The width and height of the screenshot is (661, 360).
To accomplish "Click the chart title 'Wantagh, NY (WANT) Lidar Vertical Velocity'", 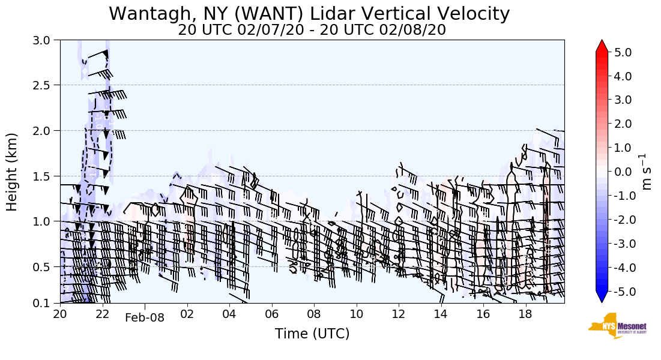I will [x=309, y=13].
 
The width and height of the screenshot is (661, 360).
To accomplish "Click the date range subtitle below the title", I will [x=312, y=29].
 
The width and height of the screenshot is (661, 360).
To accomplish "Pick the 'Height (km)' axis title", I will [x=13, y=172].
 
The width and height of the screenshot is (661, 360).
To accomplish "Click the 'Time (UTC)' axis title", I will [x=312, y=334].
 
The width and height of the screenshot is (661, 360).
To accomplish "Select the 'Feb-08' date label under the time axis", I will [x=144, y=318].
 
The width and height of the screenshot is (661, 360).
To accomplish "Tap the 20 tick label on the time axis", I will [x=60, y=314].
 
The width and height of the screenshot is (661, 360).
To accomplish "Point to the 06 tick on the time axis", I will [x=272, y=314].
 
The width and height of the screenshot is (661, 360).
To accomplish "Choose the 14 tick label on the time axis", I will [x=441, y=314].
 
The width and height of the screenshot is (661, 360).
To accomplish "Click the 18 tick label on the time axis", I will [x=526, y=314].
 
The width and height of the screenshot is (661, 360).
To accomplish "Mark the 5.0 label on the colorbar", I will [x=623, y=52].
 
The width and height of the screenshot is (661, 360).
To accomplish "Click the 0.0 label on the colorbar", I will [x=623, y=172].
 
